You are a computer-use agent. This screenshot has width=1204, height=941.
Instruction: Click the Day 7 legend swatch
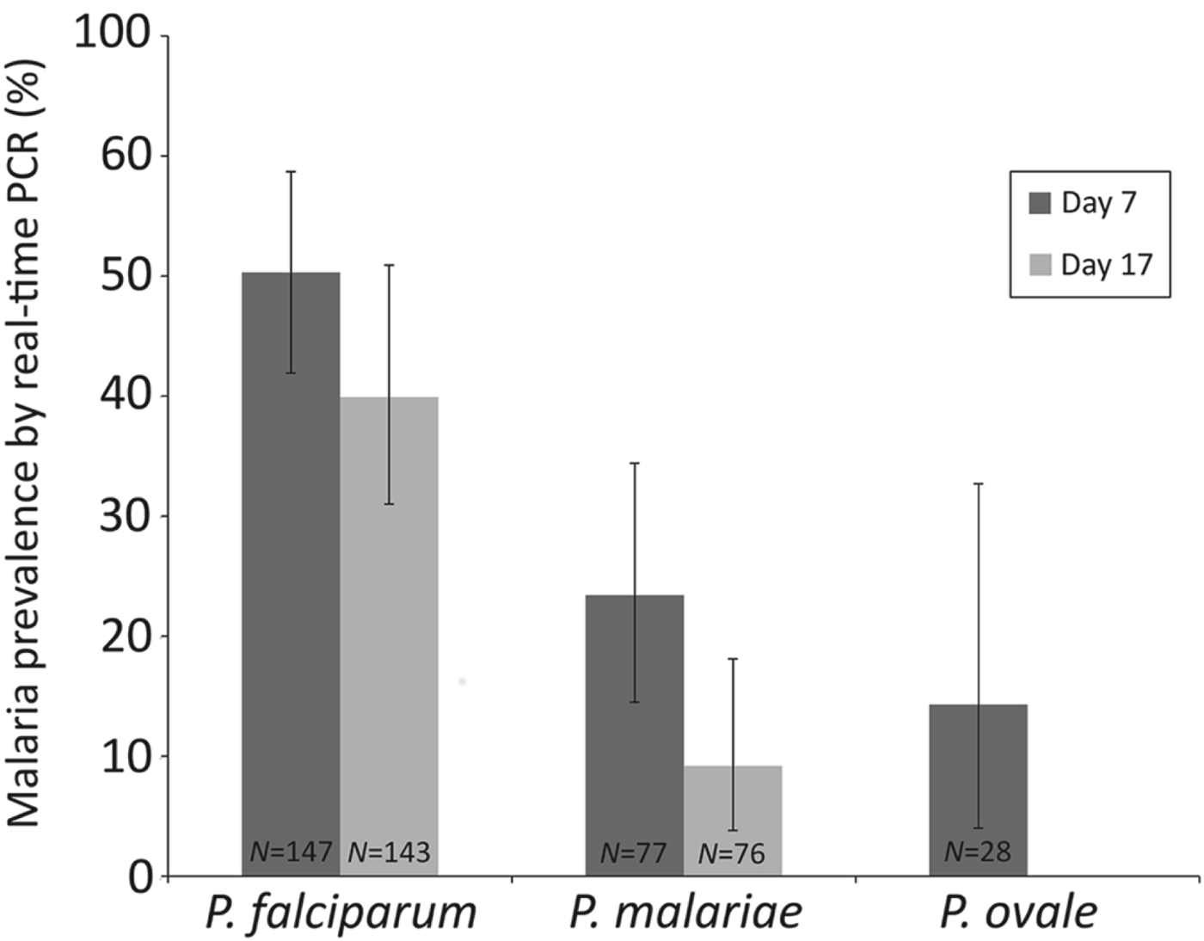tap(1040, 203)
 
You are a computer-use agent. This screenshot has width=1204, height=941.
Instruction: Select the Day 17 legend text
tap(1106, 265)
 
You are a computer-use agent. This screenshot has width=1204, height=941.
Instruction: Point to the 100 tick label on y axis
tap(113, 34)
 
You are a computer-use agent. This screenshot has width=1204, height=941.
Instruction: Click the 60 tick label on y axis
tap(126, 156)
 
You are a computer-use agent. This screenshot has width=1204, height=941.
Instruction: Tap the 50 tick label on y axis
tap(126, 276)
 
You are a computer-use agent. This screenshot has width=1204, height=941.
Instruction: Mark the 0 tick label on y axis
tap(140, 876)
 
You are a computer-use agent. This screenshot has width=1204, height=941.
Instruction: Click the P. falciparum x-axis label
tap(341, 913)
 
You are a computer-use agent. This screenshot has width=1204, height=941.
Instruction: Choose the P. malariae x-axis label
tap(685, 913)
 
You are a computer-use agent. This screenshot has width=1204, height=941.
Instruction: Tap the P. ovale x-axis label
tap(1018, 913)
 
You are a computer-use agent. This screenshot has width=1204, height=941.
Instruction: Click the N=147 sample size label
tap(291, 852)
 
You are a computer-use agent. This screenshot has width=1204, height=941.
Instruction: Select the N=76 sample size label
tap(732, 853)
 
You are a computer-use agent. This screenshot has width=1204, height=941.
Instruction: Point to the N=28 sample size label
tap(978, 852)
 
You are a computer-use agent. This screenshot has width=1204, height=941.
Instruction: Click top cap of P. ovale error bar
tap(978, 484)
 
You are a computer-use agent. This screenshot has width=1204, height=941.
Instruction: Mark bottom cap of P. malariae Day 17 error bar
tap(733, 830)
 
